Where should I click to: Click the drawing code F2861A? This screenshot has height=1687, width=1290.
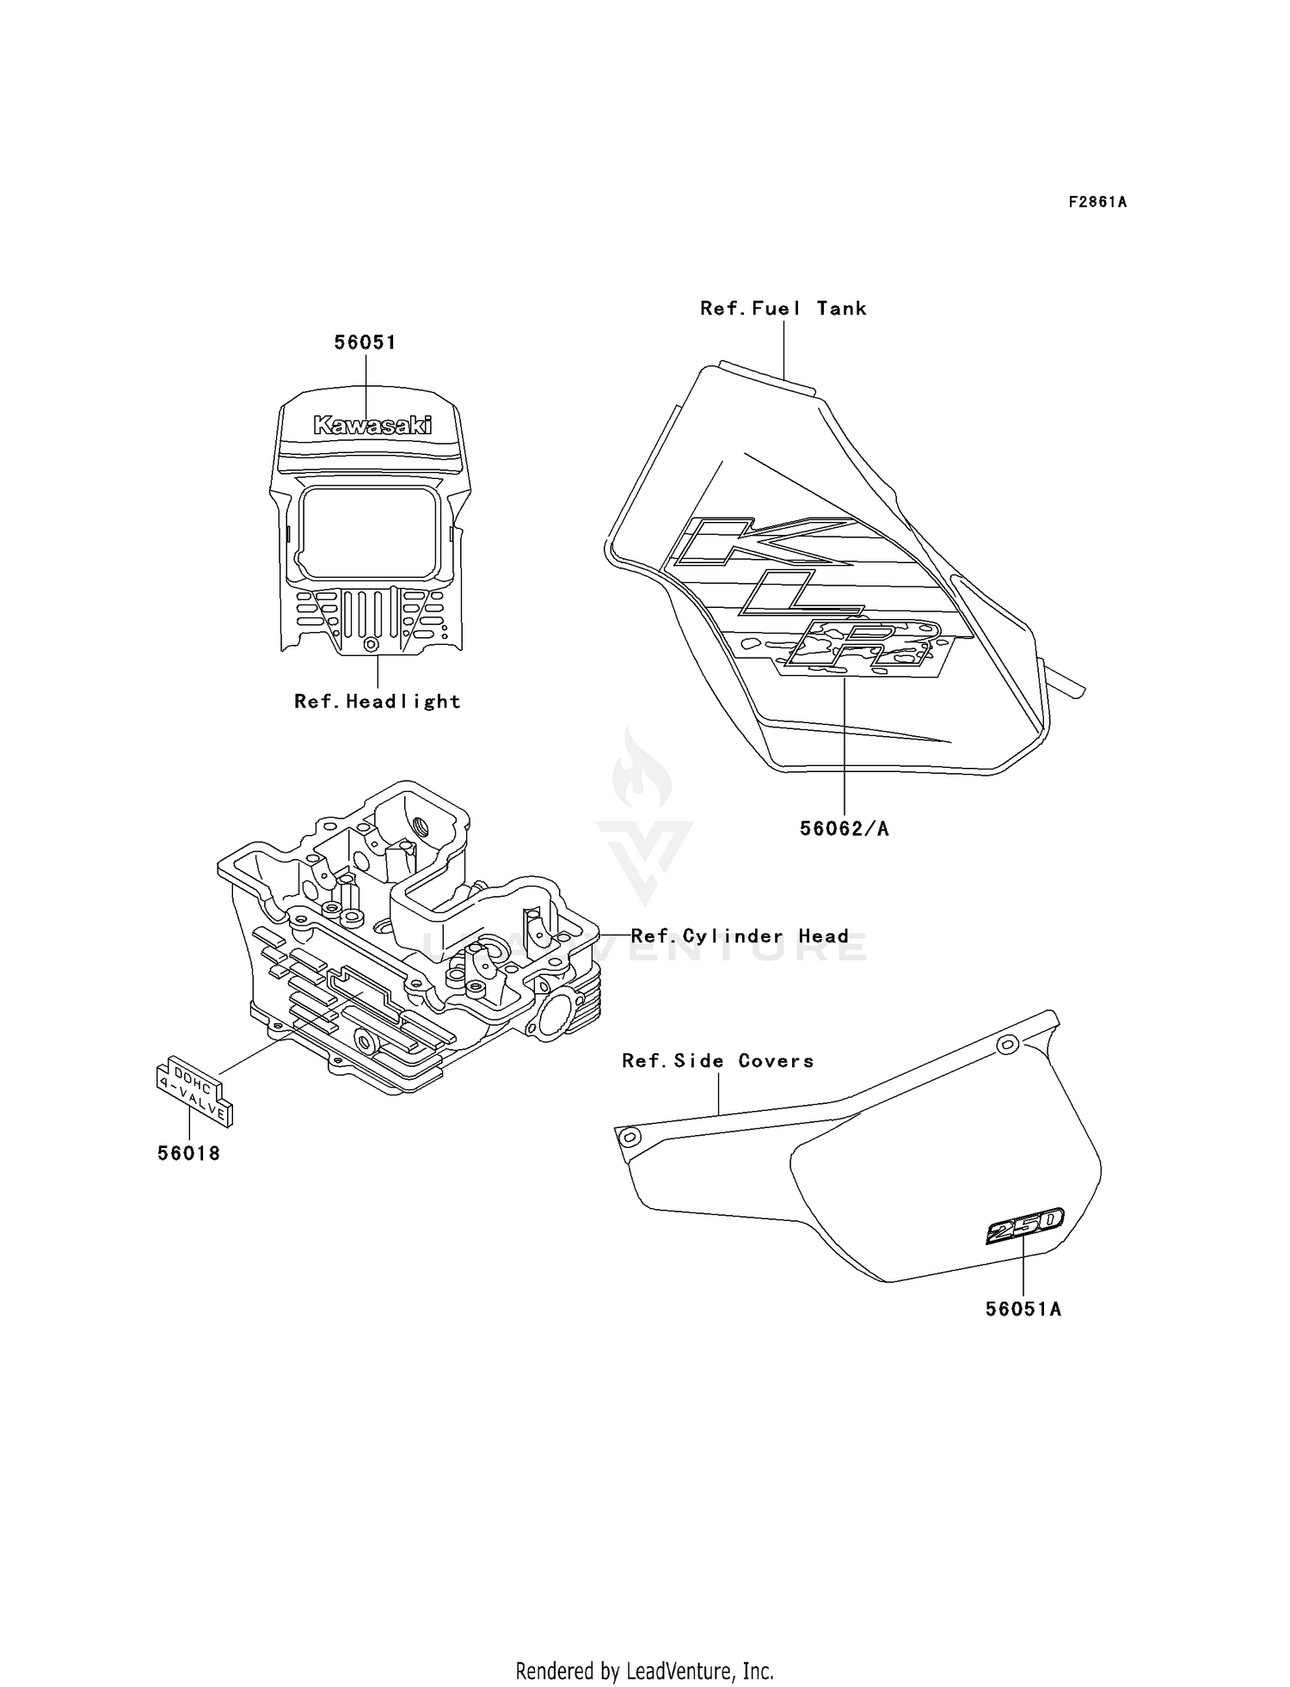[x=1097, y=203]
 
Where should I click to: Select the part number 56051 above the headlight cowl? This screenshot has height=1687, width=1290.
[x=365, y=342]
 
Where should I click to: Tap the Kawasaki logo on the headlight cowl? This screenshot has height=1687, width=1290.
[x=372, y=425]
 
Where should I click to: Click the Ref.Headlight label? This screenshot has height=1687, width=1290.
[x=378, y=702]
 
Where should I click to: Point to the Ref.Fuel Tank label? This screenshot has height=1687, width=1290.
[x=783, y=309]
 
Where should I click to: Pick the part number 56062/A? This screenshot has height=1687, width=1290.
[x=844, y=829]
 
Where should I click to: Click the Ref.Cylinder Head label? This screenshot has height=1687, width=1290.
[x=740, y=936]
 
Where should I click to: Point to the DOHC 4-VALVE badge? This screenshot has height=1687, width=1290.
[x=194, y=1089]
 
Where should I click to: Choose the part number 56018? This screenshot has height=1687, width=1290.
[x=188, y=1154]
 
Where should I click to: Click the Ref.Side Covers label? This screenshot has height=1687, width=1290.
[x=718, y=1061]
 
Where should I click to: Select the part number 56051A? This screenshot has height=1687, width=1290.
[x=1023, y=1310]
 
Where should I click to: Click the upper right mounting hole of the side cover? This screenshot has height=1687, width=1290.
[x=1006, y=1046]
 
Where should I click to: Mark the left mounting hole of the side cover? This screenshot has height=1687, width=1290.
[x=630, y=1138]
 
